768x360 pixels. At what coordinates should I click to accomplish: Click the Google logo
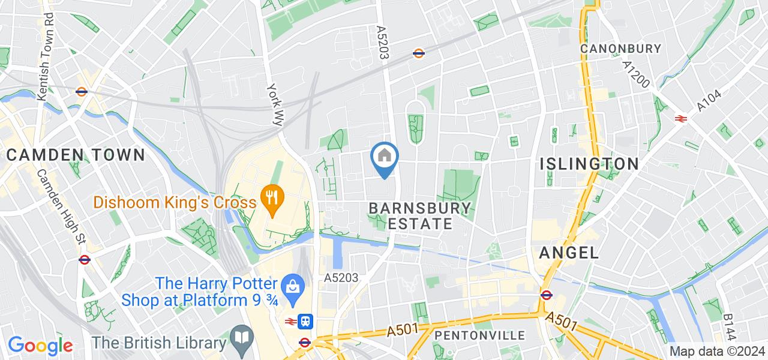click(40, 345)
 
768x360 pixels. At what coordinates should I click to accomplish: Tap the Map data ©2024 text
click(718, 352)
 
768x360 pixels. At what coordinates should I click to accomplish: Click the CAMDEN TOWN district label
click(76, 155)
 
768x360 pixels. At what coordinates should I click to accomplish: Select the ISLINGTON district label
click(589, 164)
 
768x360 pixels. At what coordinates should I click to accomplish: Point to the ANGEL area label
click(569, 253)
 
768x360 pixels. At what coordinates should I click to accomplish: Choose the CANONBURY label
click(620, 49)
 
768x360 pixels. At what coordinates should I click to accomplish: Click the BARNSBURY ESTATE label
click(420, 216)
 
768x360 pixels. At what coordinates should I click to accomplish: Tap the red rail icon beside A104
click(680, 118)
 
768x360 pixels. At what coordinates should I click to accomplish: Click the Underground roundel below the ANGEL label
click(546, 295)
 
